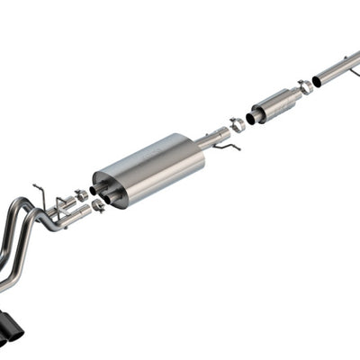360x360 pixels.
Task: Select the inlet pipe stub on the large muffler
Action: click(x=213, y=137)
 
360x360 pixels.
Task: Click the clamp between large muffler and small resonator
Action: click(x=237, y=124)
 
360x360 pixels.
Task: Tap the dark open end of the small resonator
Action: click(x=250, y=118)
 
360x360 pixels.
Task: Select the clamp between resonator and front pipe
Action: click(x=306, y=87)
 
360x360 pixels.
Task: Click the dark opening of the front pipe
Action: click(x=318, y=81)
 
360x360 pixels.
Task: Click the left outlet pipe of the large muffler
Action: click(x=96, y=191)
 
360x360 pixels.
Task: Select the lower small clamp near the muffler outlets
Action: click(x=97, y=206)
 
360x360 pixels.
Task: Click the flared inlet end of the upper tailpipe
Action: click(x=71, y=204)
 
